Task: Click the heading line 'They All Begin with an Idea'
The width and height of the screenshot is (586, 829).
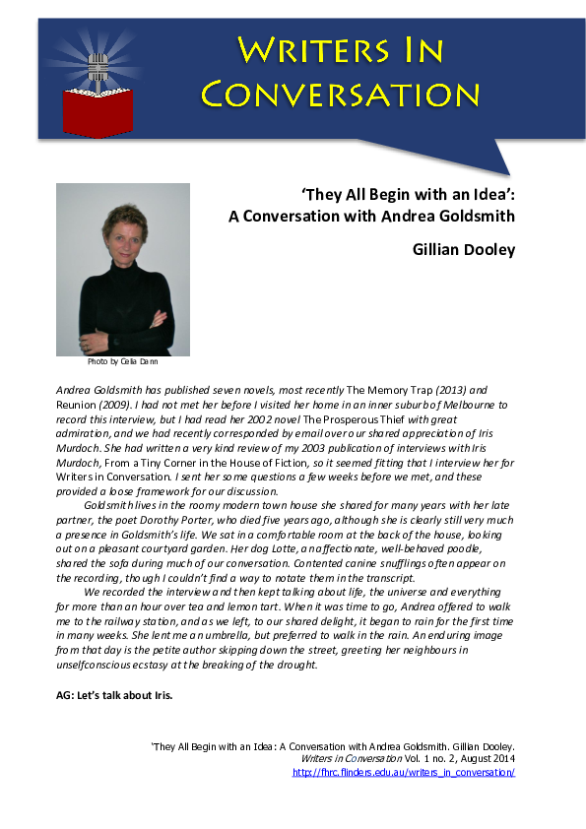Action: point(409,194)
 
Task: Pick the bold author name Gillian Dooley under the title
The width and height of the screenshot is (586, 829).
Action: point(463,250)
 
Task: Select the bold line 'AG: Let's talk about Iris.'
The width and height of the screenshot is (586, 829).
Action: point(114,695)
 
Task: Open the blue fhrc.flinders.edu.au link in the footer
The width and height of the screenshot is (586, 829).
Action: point(404,773)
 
